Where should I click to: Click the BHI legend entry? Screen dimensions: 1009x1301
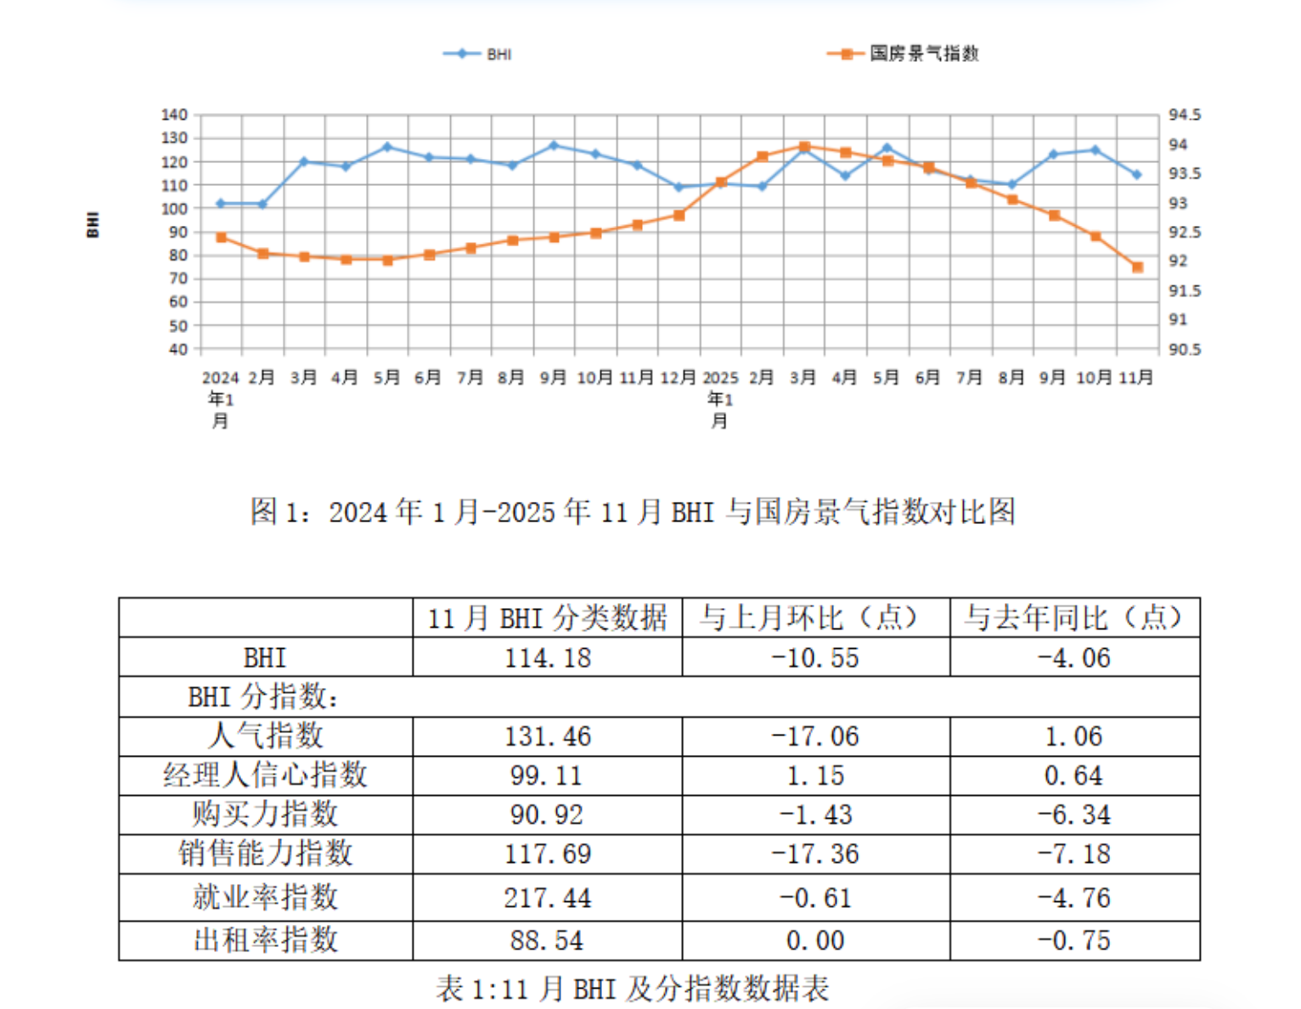point(478,54)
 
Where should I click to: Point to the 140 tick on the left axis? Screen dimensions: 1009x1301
point(174,115)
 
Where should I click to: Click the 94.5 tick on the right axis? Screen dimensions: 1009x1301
point(1185,115)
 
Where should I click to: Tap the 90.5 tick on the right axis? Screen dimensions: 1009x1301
point(1185,349)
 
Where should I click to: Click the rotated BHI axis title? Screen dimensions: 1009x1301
point(93,225)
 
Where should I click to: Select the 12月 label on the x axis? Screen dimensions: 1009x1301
point(678,377)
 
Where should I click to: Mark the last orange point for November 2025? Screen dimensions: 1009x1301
point(1137,268)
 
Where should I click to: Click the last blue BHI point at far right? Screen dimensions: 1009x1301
point(1136,174)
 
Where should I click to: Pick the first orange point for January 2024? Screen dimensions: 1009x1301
point(222,238)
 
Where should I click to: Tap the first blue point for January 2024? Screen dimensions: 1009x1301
point(221,204)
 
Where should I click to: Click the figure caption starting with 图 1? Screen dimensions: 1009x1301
point(633,511)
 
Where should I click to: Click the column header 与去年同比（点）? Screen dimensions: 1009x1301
point(1073,617)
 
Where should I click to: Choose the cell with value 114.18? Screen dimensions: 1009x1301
point(548,658)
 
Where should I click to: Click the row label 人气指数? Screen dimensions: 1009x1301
point(266,736)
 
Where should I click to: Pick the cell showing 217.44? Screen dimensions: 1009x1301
point(548,898)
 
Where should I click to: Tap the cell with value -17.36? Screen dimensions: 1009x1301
point(815,854)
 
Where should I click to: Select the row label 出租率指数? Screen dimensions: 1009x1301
point(266,940)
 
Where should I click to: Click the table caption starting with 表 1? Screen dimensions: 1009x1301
point(633,989)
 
